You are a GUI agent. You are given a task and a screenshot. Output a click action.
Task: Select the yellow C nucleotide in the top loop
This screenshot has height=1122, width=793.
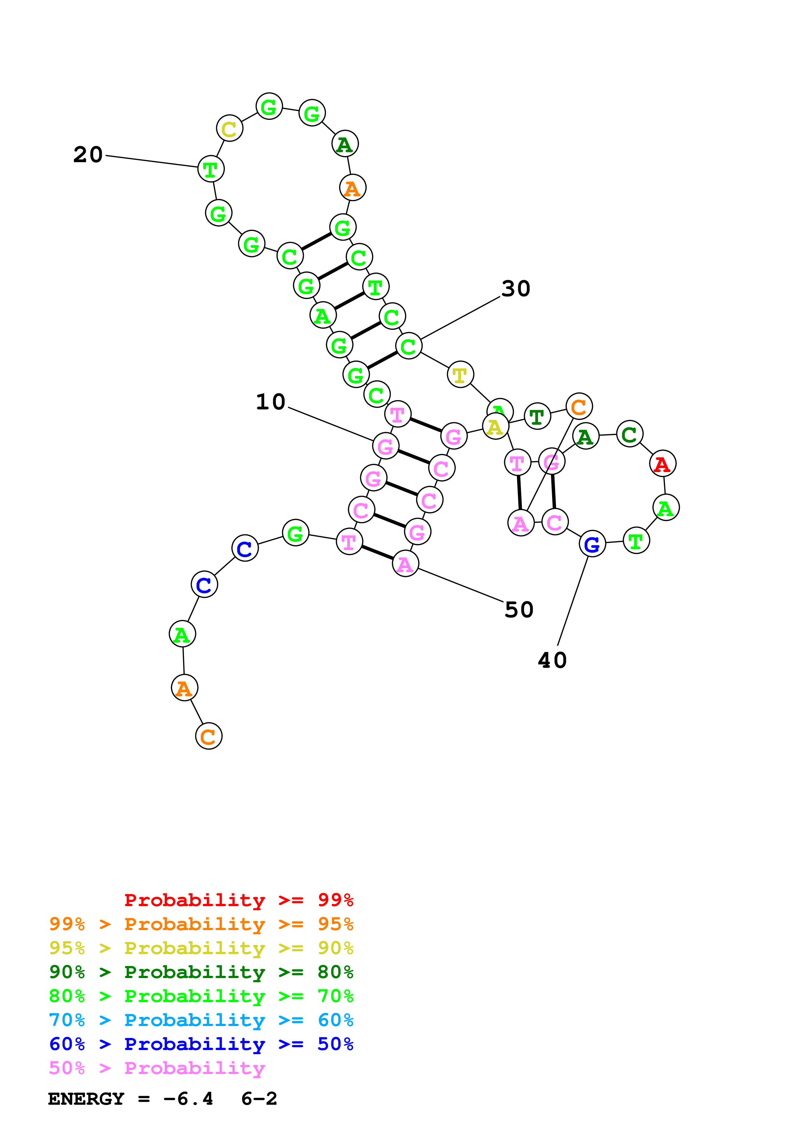pos(229,129)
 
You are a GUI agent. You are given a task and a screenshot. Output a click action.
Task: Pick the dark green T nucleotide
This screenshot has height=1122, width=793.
pos(537,416)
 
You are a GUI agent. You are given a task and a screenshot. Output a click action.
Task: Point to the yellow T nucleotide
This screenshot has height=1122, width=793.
pos(460,375)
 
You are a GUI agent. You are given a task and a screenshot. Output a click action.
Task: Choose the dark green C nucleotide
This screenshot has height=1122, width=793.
pos(629,434)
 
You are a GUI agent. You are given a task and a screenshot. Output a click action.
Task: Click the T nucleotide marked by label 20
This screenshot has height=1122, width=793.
pos(210,169)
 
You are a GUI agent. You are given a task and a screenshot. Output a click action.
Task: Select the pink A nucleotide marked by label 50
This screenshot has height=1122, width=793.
pos(405,564)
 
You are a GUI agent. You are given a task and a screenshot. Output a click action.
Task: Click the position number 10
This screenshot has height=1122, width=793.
pos(270,402)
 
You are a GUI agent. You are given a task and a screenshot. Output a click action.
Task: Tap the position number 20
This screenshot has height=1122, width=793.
pos(88,154)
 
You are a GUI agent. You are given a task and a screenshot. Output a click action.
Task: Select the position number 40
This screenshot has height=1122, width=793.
pos(552,660)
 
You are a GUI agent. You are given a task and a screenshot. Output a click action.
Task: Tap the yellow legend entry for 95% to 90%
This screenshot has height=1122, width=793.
pos(201,948)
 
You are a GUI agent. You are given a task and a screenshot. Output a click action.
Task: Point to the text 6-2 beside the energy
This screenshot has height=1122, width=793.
pos(259,1099)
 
